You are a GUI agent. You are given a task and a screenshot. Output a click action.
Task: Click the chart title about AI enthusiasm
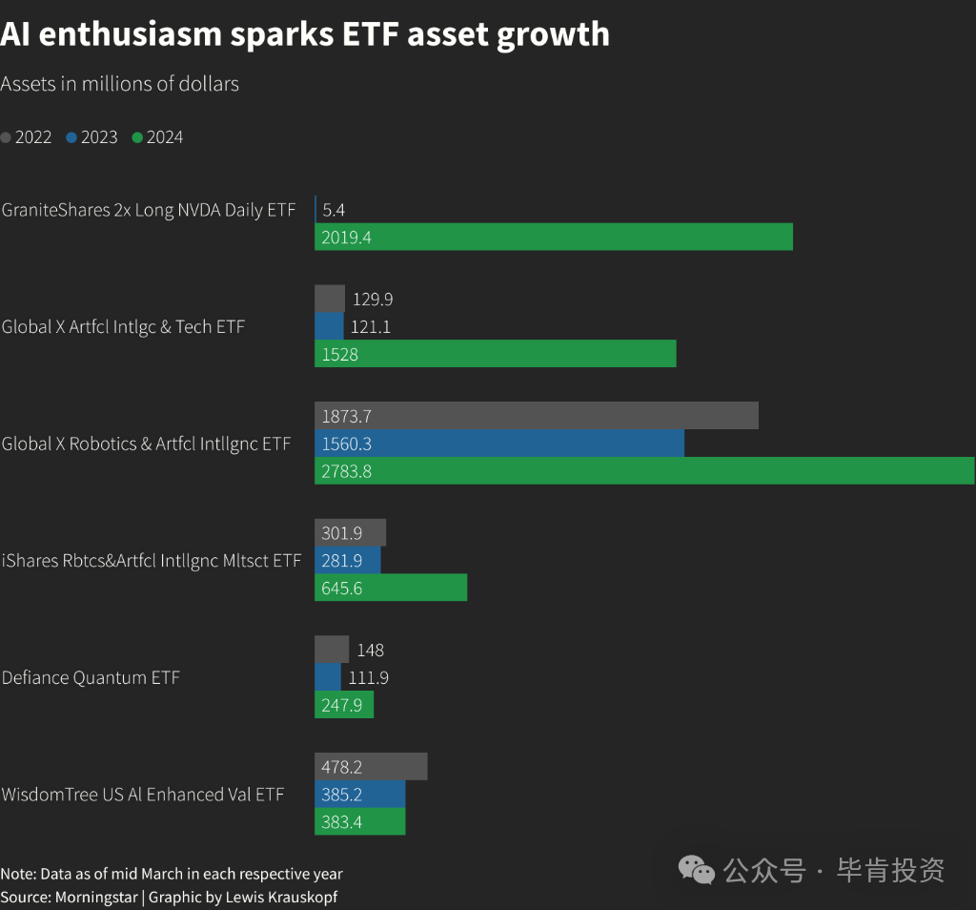coord(305,34)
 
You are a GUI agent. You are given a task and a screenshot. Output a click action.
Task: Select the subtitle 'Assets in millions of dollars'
coord(119,84)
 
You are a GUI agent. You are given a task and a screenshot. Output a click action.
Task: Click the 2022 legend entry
coord(26,137)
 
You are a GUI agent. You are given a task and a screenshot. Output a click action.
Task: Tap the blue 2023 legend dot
coord(71,137)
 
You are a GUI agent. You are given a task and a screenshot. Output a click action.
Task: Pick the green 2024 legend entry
coord(157,137)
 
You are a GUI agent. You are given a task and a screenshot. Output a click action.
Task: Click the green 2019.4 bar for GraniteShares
coord(554,237)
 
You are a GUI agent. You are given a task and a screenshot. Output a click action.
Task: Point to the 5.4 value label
coord(334,210)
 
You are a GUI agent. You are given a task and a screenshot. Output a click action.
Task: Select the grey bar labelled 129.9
coord(330,299)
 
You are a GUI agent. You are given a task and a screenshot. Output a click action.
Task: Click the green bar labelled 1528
coord(496,354)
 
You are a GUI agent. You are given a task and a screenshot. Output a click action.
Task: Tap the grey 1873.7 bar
coord(537,416)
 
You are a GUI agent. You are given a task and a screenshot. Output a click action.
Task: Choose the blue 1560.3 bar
coord(499,444)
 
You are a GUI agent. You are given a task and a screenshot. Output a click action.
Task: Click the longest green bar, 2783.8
coord(645,471)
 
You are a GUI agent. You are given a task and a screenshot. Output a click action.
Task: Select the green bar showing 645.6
coord(391,588)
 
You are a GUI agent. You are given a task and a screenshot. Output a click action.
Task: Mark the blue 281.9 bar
coord(347,560)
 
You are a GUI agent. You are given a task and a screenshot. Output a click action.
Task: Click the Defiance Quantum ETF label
coord(91,677)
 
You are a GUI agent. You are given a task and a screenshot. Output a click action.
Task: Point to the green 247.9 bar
coord(344,705)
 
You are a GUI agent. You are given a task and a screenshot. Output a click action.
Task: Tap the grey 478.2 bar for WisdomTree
coord(371,766)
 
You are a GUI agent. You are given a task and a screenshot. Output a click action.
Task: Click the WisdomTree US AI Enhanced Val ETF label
coord(143,795)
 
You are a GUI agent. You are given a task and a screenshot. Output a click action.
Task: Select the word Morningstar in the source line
coord(96,898)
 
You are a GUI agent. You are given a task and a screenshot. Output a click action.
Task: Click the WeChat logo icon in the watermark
coord(696,870)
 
